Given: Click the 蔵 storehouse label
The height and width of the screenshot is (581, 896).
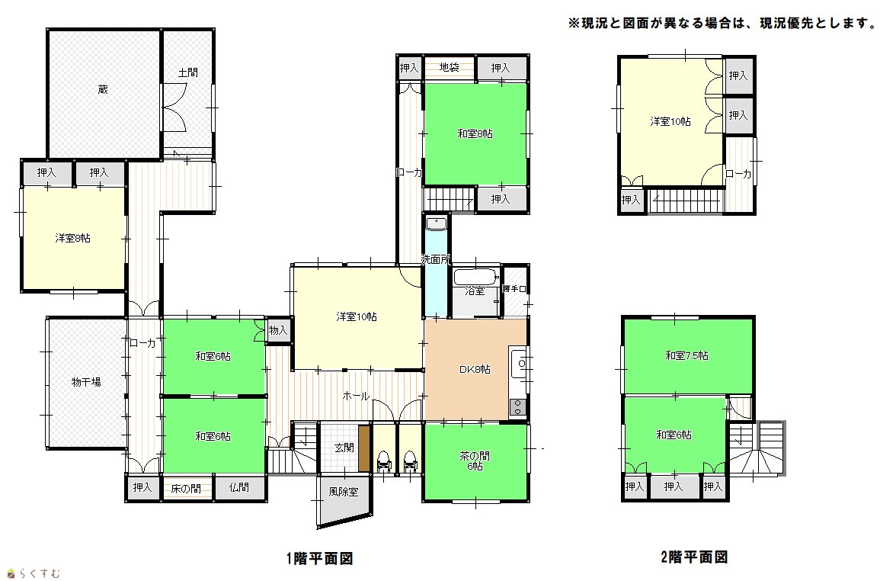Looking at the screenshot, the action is coord(103,90).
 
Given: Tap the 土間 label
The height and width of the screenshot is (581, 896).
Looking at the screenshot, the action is coord(188,72).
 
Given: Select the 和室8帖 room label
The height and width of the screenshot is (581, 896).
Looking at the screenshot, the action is coord(475,134).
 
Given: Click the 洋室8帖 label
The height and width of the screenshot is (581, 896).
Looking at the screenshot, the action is coord(72,238).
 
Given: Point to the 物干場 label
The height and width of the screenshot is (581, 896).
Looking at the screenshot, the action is coord(86,382).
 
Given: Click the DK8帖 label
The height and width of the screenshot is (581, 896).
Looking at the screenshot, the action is coord(475,369).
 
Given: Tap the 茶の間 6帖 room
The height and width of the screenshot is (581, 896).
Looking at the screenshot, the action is coord(475,461).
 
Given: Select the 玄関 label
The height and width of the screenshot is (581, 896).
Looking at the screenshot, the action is coord(344,448).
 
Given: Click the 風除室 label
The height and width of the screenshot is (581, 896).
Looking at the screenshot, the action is coord(344,492).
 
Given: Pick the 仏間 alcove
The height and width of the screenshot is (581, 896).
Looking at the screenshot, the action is coord(239,488).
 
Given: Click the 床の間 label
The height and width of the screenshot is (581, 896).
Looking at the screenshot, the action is coord(186,489).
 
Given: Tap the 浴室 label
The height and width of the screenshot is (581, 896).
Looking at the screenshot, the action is coord(475,291).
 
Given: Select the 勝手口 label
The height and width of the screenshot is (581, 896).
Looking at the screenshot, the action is coord(514,290).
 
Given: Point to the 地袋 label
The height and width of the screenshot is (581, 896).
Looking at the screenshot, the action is coord(450,67).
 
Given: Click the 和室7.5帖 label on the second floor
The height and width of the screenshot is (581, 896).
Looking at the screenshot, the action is coord(687,355).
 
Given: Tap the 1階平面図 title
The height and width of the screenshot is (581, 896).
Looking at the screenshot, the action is coord(319,558).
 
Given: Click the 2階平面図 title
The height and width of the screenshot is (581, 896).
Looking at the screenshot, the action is coord(693,557).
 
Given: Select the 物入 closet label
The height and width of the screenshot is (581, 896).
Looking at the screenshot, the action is coord(277,331).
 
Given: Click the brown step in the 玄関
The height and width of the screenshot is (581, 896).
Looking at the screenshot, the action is coord(364,449).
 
